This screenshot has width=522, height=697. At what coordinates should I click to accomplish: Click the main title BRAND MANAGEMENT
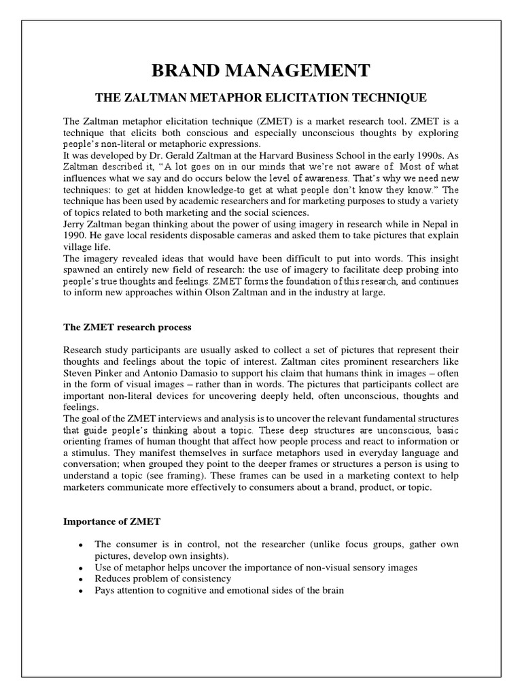[x=260, y=70]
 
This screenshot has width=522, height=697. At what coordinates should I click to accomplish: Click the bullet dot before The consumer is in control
[x=81, y=545]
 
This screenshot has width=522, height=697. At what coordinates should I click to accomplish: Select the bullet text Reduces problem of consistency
[x=163, y=579]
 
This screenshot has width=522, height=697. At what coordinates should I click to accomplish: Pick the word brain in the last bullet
[x=332, y=590]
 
